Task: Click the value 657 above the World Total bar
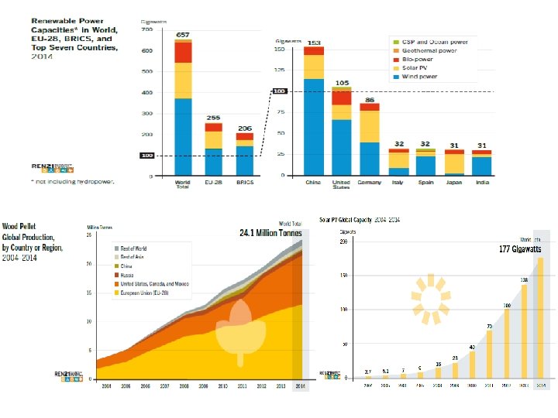[x=183, y=35]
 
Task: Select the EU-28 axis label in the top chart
[x=214, y=183]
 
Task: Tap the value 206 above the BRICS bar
[x=244, y=128]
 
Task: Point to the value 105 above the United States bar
[x=342, y=82]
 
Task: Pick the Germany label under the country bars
[x=369, y=183]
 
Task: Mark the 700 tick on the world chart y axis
[x=146, y=30]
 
